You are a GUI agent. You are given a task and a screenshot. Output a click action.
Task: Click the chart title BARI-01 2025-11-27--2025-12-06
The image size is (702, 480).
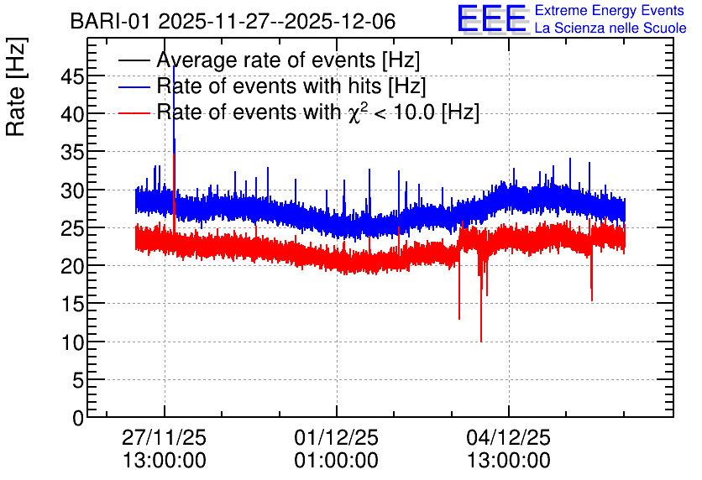(233, 21)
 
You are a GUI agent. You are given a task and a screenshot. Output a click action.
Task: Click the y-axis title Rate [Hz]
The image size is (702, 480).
(16, 86)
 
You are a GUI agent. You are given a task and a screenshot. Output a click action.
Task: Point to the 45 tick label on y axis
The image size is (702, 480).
(72, 77)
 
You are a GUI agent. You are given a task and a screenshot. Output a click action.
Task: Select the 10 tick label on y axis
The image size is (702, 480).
(72, 342)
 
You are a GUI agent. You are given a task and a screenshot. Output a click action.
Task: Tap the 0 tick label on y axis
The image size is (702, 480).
(78, 418)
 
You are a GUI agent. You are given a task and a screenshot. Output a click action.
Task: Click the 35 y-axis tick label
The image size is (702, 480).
(72, 153)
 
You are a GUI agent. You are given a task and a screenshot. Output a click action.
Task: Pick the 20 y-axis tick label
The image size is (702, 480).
(72, 267)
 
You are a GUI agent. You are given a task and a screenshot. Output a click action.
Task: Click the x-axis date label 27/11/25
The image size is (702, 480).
(165, 437)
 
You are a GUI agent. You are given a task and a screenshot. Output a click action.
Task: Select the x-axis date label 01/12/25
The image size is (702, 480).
(336, 437)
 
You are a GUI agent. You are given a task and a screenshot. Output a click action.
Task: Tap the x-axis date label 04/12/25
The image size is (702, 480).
(509, 437)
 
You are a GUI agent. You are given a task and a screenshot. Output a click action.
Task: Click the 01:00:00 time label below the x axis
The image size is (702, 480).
(336, 461)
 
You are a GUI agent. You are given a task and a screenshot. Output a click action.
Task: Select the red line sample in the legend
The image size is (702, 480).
(134, 112)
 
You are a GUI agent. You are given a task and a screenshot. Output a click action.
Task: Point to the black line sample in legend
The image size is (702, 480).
(134, 60)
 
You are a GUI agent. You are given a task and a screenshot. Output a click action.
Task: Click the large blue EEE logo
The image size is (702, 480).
(492, 18)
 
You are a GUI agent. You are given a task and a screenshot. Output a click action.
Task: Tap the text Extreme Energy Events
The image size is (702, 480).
(610, 10)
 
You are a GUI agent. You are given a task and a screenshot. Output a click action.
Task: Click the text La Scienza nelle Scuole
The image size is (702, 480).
(610, 29)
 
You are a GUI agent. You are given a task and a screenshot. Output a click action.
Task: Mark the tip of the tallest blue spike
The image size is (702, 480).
(174, 66)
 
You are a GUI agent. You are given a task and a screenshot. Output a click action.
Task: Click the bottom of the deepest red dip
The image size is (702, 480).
(481, 342)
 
